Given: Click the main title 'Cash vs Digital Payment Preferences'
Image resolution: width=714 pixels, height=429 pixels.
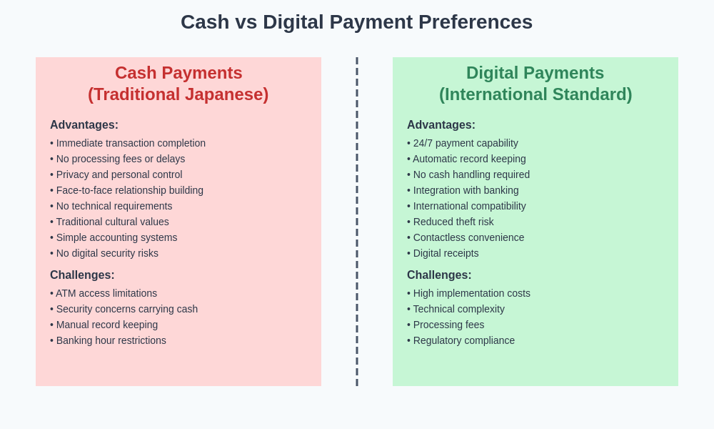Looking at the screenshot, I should click(x=356, y=22).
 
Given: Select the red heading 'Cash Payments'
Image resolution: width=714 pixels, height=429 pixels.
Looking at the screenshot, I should click(x=178, y=73).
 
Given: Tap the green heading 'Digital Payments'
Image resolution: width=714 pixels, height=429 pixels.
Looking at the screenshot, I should click(x=535, y=73).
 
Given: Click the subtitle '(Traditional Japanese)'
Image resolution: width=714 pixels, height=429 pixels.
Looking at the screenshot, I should click(x=178, y=94).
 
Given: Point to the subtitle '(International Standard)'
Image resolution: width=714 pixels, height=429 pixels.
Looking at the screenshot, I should click(x=535, y=94).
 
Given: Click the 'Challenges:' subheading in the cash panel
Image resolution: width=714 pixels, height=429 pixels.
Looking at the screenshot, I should click(x=82, y=275).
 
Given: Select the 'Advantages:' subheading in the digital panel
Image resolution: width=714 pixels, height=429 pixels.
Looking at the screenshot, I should click(x=441, y=125).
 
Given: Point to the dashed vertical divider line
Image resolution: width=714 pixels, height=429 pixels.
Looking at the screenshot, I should click(x=357, y=222).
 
